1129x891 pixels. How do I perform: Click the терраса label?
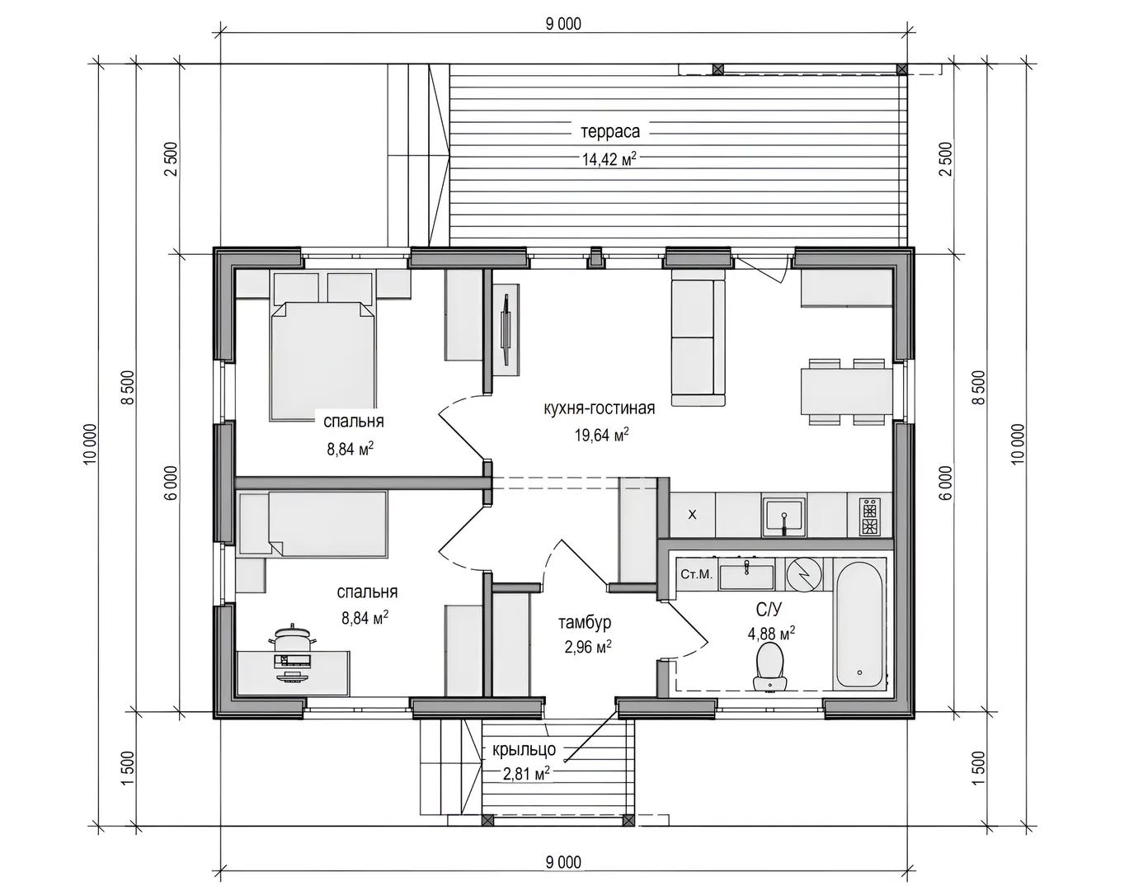pos(610,132)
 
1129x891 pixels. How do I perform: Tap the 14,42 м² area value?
pos(609,158)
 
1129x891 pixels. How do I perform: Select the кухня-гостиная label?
pos(600,408)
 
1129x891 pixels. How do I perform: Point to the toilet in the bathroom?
pos(770,667)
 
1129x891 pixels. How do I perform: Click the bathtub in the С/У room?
pos(859,625)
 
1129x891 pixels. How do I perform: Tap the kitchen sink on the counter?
pos(784,516)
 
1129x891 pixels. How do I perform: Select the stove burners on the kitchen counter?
pos(870,516)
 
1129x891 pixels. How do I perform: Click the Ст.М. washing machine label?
pos(697,574)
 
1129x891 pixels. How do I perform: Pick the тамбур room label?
pos(585,623)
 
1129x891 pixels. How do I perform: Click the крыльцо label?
pos(525,750)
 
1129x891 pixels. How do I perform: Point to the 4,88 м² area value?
pos(771,634)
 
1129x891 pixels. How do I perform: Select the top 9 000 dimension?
pos(563,24)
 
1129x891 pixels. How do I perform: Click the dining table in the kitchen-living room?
pos(846,391)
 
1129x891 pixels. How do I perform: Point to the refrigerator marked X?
pos(693,515)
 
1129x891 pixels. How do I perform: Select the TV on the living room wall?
pos(506,329)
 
